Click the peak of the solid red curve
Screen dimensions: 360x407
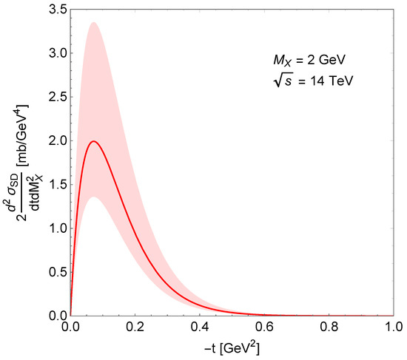pos(92,141)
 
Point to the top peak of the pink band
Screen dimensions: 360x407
pos(92,22)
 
